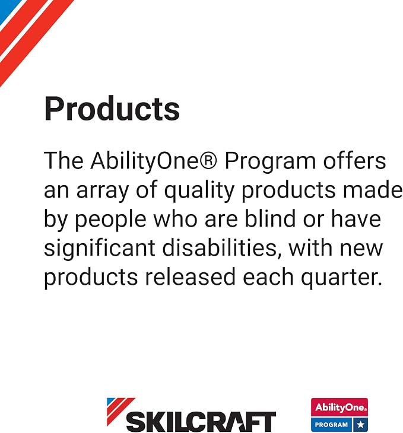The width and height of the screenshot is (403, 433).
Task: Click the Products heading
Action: point(112,108)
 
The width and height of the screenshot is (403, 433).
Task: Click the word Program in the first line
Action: point(270,162)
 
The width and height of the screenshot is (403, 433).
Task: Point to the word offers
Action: point(354,160)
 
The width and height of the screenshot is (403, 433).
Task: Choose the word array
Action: point(103,192)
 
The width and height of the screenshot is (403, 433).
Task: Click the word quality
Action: point(199,191)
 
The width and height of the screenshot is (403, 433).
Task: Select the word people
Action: point(110,220)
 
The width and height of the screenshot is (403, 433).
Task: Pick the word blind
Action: point(270,218)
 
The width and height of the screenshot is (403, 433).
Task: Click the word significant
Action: point(100,249)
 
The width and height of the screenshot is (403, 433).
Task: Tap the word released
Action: point(191,276)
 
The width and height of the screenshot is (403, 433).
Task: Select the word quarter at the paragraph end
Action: point(342,278)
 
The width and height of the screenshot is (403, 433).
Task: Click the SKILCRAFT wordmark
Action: point(201,421)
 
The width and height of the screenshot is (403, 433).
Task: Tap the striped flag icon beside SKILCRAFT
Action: point(121,411)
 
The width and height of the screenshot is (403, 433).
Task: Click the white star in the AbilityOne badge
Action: point(360,424)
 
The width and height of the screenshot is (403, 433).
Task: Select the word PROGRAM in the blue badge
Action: point(331,425)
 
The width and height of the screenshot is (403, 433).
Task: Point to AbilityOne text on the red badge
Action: point(341,407)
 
